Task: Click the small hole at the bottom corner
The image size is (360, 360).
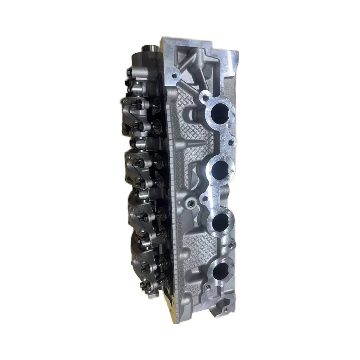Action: tap(225, 309)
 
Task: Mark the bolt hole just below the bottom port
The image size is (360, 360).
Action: tap(208, 287)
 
